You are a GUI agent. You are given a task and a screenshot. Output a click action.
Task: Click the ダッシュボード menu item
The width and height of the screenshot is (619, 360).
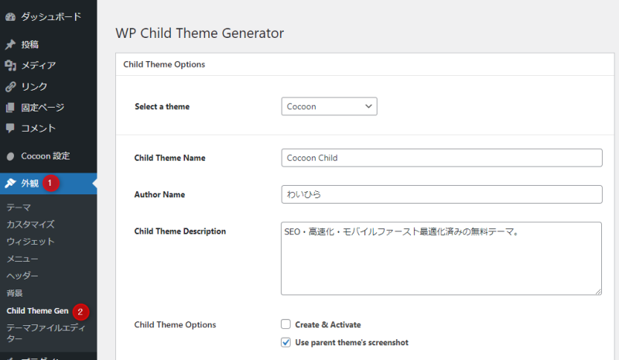click(50, 16)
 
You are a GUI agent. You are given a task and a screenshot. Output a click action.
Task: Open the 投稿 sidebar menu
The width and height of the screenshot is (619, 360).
click(29, 44)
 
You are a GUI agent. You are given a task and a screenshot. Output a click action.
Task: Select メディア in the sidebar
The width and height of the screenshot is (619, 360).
click(38, 65)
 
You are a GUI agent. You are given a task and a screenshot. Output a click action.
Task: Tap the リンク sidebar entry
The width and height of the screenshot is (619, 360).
click(33, 86)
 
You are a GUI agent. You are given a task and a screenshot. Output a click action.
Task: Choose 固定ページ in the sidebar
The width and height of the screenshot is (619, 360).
click(42, 107)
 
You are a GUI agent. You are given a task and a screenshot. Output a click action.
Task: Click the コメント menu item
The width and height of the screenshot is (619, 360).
click(38, 128)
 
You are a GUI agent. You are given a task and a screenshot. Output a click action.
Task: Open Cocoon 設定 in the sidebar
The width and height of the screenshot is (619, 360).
click(45, 156)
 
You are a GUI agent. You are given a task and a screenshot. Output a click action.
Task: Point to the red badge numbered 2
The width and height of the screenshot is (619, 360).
click(81, 311)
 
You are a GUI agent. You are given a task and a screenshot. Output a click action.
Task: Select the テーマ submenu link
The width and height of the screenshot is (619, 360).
click(19, 207)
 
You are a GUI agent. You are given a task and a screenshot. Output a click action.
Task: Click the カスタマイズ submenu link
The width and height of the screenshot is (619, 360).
click(30, 225)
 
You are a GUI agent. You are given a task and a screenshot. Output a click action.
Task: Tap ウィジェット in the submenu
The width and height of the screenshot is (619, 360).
click(30, 242)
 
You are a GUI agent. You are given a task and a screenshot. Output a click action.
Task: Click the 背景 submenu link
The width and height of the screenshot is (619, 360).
click(15, 293)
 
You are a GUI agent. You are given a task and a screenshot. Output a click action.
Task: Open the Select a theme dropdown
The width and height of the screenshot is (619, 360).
click(329, 106)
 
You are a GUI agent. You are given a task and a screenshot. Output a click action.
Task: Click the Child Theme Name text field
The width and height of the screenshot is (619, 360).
click(441, 158)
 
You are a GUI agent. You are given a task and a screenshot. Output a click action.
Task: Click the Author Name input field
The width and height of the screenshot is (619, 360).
click(441, 194)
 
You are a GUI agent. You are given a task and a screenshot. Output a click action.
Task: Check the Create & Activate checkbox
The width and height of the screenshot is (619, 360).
click(286, 325)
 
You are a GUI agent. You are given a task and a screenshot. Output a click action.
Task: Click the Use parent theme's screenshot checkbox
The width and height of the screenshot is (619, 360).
click(286, 342)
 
